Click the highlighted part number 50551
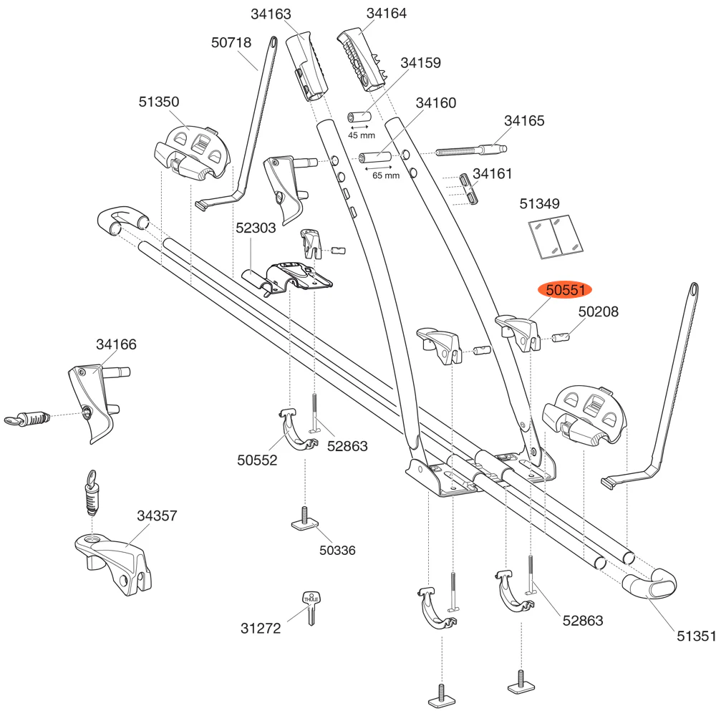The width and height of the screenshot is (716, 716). [566, 291]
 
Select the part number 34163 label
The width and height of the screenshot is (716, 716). [271, 14]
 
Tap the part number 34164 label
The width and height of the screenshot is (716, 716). [386, 14]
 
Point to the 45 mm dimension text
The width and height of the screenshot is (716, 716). [362, 135]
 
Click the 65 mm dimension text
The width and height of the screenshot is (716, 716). [386, 175]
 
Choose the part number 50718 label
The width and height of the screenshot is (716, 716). [231, 43]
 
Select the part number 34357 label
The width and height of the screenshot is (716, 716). [157, 516]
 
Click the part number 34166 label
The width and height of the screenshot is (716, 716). [116, 344]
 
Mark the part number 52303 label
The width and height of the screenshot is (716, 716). [256, 228]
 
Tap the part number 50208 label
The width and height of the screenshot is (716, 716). [599, 312]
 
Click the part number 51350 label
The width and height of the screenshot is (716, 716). [159, 102]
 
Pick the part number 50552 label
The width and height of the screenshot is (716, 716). [257, 460]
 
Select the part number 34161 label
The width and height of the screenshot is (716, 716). [493, 173]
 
